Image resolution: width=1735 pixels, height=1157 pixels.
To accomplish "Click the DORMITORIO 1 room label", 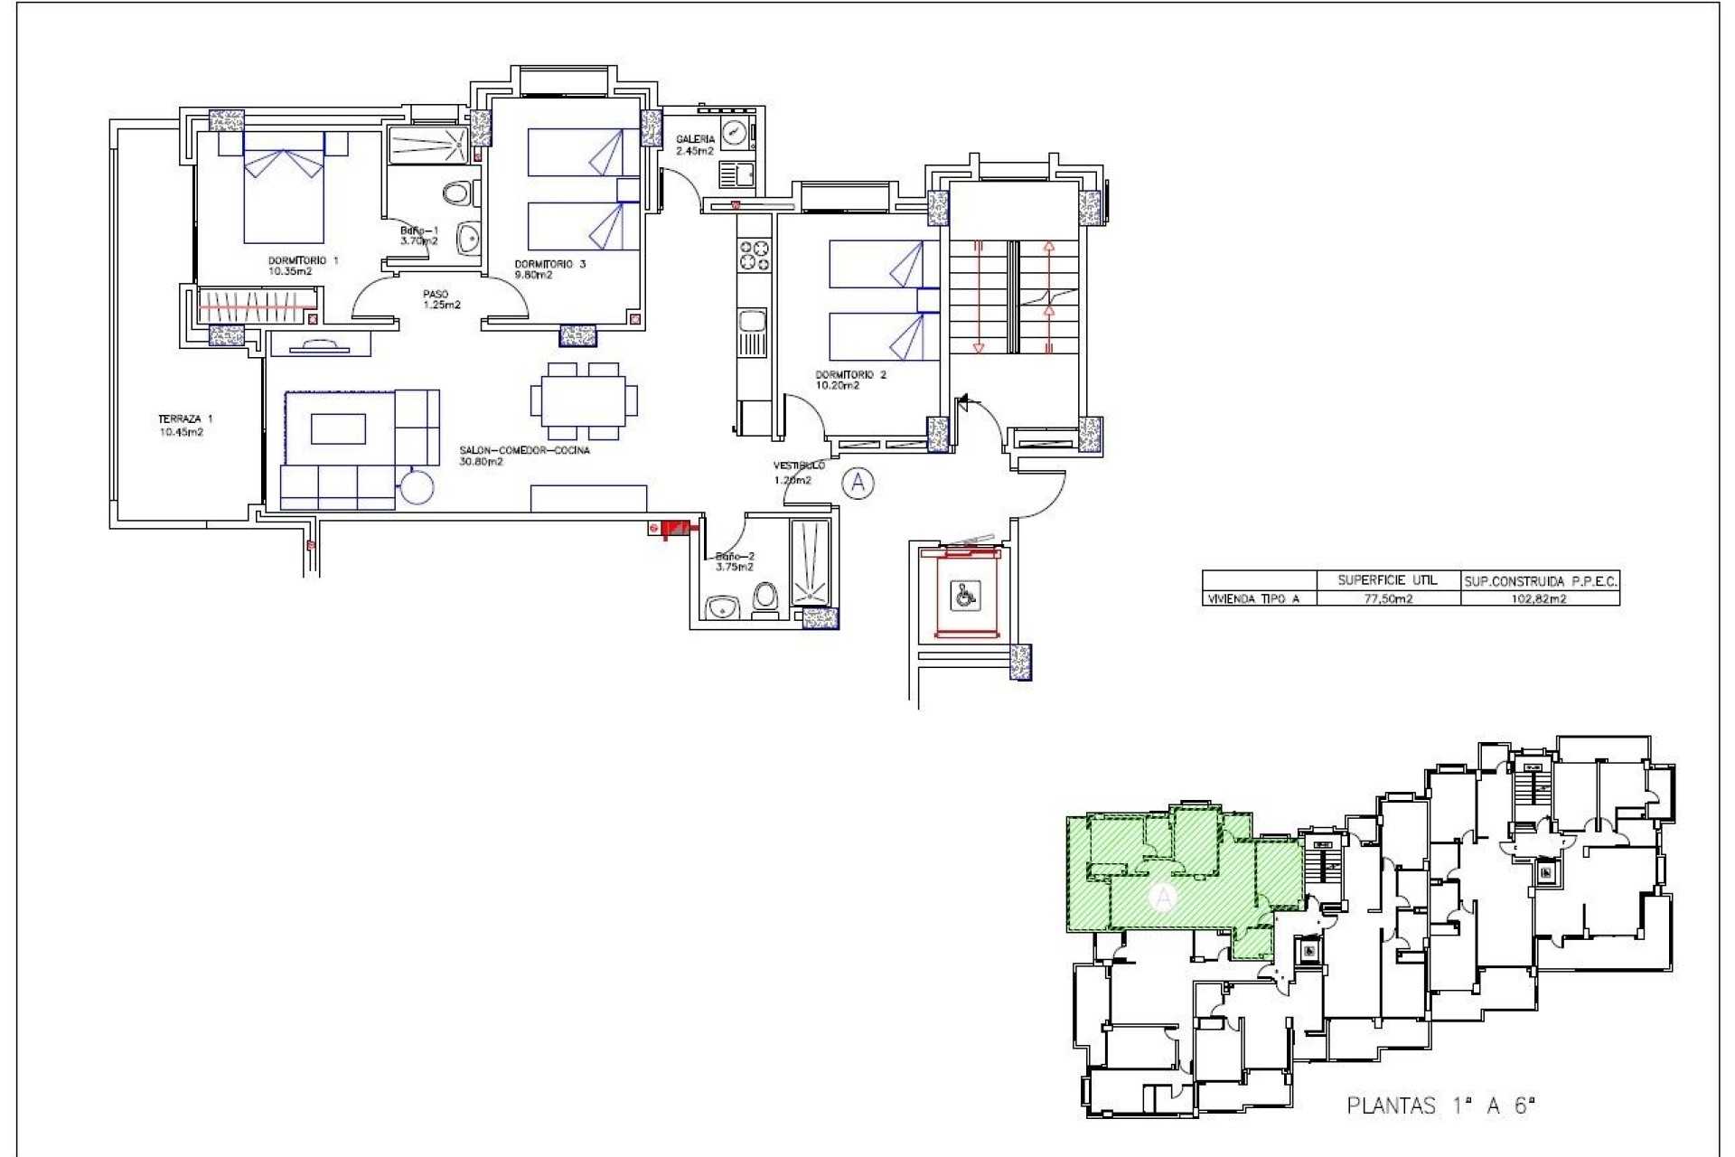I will (303, 260).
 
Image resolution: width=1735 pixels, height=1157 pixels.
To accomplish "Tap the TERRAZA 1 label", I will (185, 419).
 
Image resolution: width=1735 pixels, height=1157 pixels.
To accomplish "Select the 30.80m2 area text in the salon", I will (481, 462).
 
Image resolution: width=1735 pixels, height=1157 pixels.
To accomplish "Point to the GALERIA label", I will (696, 139).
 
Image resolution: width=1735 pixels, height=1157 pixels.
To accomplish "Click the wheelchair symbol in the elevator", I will (961, 595).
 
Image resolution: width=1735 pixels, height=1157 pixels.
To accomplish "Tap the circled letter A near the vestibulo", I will (858, 484).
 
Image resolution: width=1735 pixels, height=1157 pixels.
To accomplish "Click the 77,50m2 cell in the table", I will (1387, 599).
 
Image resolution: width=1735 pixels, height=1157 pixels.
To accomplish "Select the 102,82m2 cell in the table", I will (1540, 599).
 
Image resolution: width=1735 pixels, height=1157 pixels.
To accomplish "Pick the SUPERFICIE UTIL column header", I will (1387, 580).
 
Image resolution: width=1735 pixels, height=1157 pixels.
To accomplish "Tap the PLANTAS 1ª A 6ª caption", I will (1441, 1105).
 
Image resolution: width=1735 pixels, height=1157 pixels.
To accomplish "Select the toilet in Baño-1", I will (459, 193).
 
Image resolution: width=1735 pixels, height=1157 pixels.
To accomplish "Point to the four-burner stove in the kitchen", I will (755, 254).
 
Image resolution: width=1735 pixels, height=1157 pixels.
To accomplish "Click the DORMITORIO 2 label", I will (850, 374).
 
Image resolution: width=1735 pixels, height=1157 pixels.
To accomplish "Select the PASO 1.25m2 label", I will (441, 299).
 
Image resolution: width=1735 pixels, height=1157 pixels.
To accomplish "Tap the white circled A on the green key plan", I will (1164, 898).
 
